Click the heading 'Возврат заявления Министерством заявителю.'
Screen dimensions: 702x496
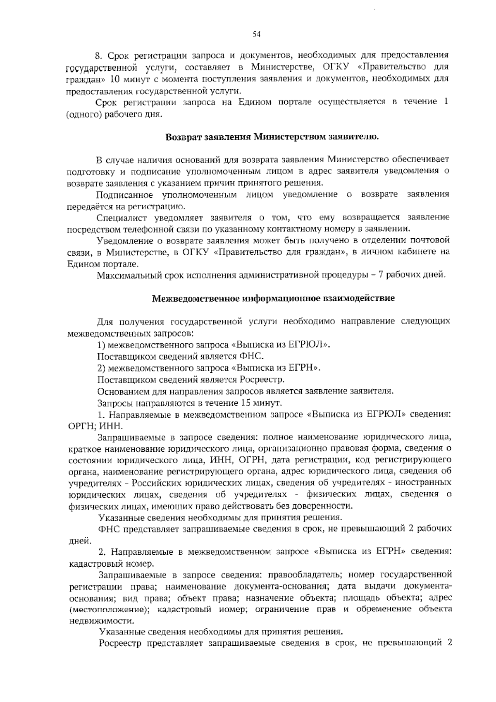coord(272,137)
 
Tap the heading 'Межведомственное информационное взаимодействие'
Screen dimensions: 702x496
coord(273,298)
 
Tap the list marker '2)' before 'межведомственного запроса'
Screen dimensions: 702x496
coord(101,368)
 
